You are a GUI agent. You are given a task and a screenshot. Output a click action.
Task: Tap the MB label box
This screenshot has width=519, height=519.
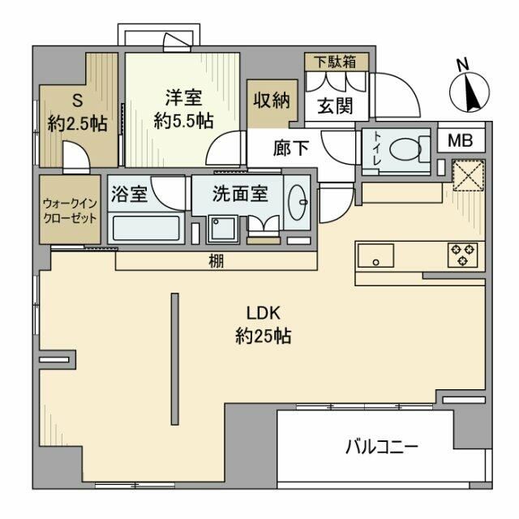(x=460, y=139)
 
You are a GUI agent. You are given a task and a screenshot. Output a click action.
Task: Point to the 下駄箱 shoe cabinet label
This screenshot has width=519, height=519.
(x=335, y=61)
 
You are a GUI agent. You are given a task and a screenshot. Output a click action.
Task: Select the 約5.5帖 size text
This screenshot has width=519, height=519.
(x=183, y=121)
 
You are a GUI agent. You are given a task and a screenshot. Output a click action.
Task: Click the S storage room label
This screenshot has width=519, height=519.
(x=78, y=101)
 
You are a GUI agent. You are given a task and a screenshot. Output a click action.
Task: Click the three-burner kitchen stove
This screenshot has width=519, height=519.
(x=463, y=256)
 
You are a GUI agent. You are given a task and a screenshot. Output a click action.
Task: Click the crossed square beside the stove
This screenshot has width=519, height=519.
(x=468, y=176)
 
